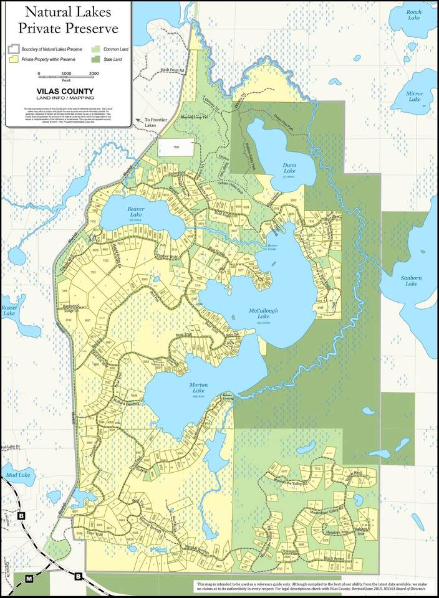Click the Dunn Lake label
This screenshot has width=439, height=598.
289,168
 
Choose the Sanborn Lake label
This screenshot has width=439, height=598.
411,281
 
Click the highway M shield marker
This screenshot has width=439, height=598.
29,579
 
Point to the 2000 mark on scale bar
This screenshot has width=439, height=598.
94,74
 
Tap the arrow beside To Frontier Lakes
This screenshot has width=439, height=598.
138,119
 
